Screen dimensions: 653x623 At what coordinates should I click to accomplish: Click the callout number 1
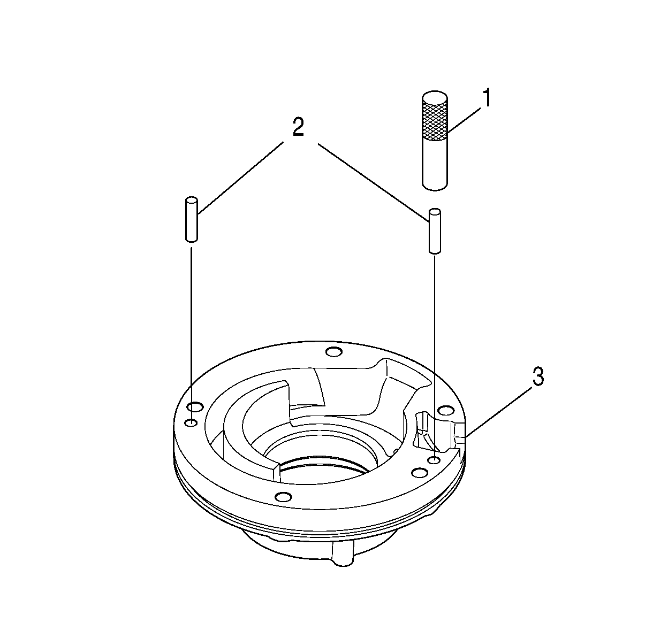(x=486, y=97)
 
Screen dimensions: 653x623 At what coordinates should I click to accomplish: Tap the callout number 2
(x=298, y=127)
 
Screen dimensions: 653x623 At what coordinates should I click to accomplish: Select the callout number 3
(x=537, y=376)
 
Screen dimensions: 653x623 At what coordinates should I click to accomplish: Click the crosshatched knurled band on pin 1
(x=435, y=121)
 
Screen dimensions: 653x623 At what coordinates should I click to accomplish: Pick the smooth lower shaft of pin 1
(x=435, y=164)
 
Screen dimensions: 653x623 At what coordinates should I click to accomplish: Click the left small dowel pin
(x=192, y=219)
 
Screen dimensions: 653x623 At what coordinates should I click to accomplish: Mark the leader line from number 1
(x=464, y=121)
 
